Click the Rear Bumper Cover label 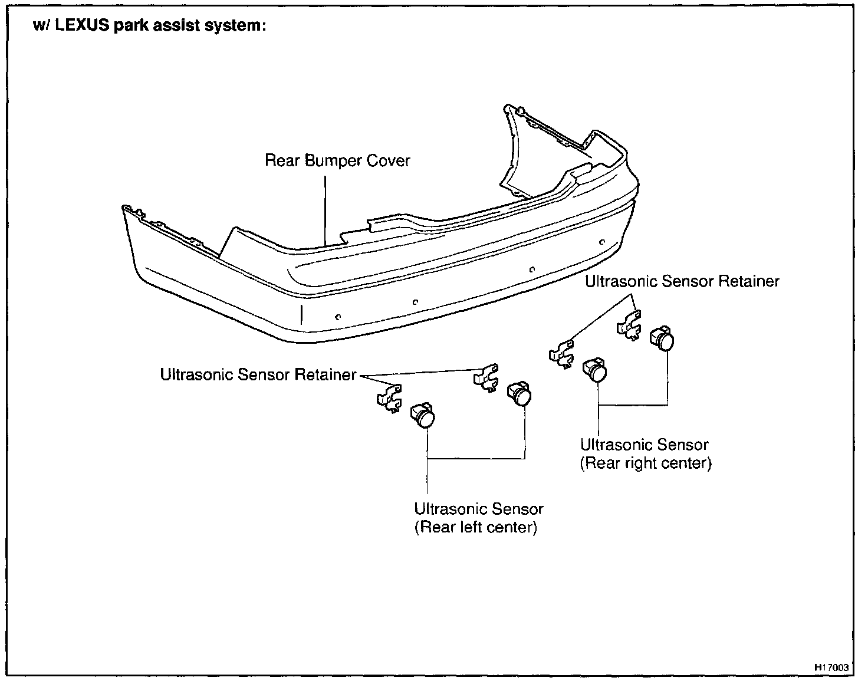point(337,160)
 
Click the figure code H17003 point(831,667)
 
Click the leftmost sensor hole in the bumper point(337,316)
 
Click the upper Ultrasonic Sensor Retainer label point(682,281)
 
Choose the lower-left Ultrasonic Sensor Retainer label point(258,374)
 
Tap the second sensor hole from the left point(415,302)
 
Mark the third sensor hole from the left point(532,269)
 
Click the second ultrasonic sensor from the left point(520,392)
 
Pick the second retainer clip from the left point(486,377)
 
